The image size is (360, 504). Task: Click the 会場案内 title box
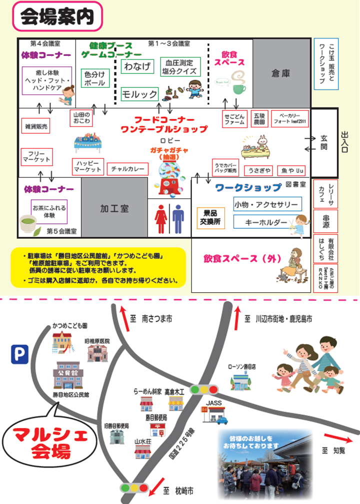[x=57, y=16]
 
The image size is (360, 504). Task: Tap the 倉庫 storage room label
[x=281, y=73]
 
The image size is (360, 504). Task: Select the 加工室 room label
[x=114, y=208]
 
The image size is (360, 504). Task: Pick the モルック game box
[x=139, y=93]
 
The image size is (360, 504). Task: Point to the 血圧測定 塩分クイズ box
[x=179, y=66]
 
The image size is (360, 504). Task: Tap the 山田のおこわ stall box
[x=80, y=118]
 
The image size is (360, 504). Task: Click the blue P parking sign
[x=19, y=355]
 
